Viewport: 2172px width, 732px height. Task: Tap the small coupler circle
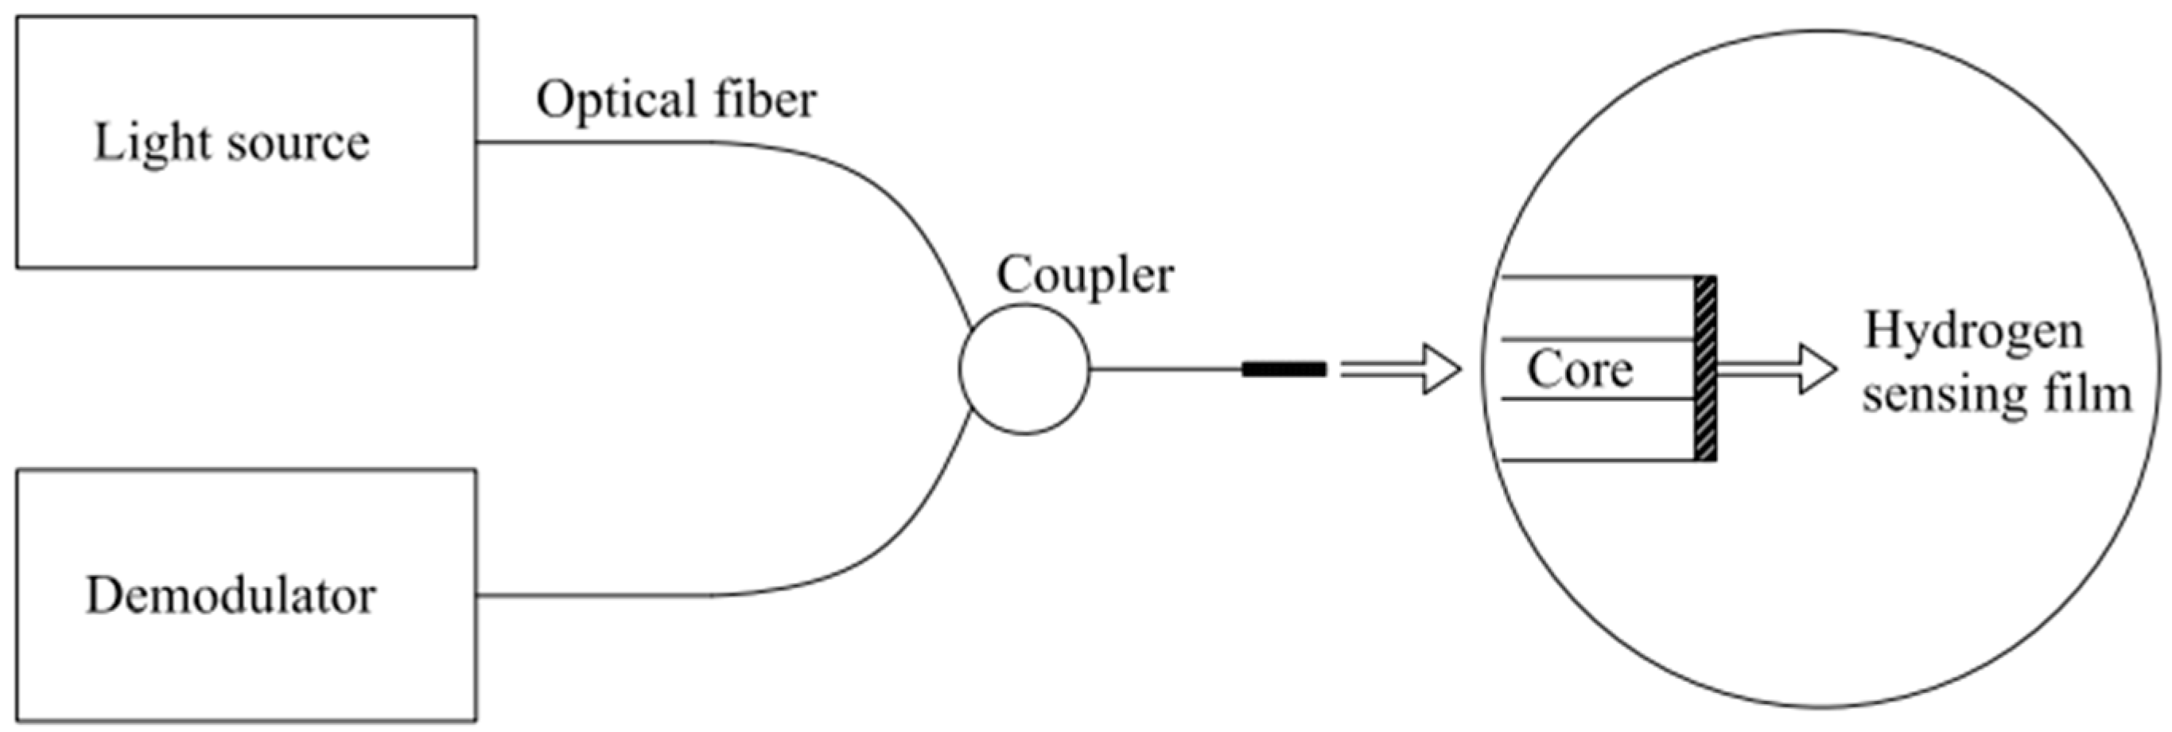(1024, 369)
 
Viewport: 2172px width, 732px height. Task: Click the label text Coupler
(1084, 275)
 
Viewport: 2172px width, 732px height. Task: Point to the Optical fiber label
(675, 100)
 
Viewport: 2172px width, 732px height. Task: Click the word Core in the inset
(1579, 369)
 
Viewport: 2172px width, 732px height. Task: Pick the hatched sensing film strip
(1705, 369)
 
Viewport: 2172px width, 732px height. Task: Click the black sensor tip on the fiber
(1284, 369)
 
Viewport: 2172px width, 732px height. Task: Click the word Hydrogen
(1973, 332)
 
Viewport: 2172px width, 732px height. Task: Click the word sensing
(1939, 395)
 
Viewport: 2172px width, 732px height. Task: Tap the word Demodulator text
(230, 596)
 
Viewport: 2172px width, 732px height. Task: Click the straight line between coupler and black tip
(1164, 369)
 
